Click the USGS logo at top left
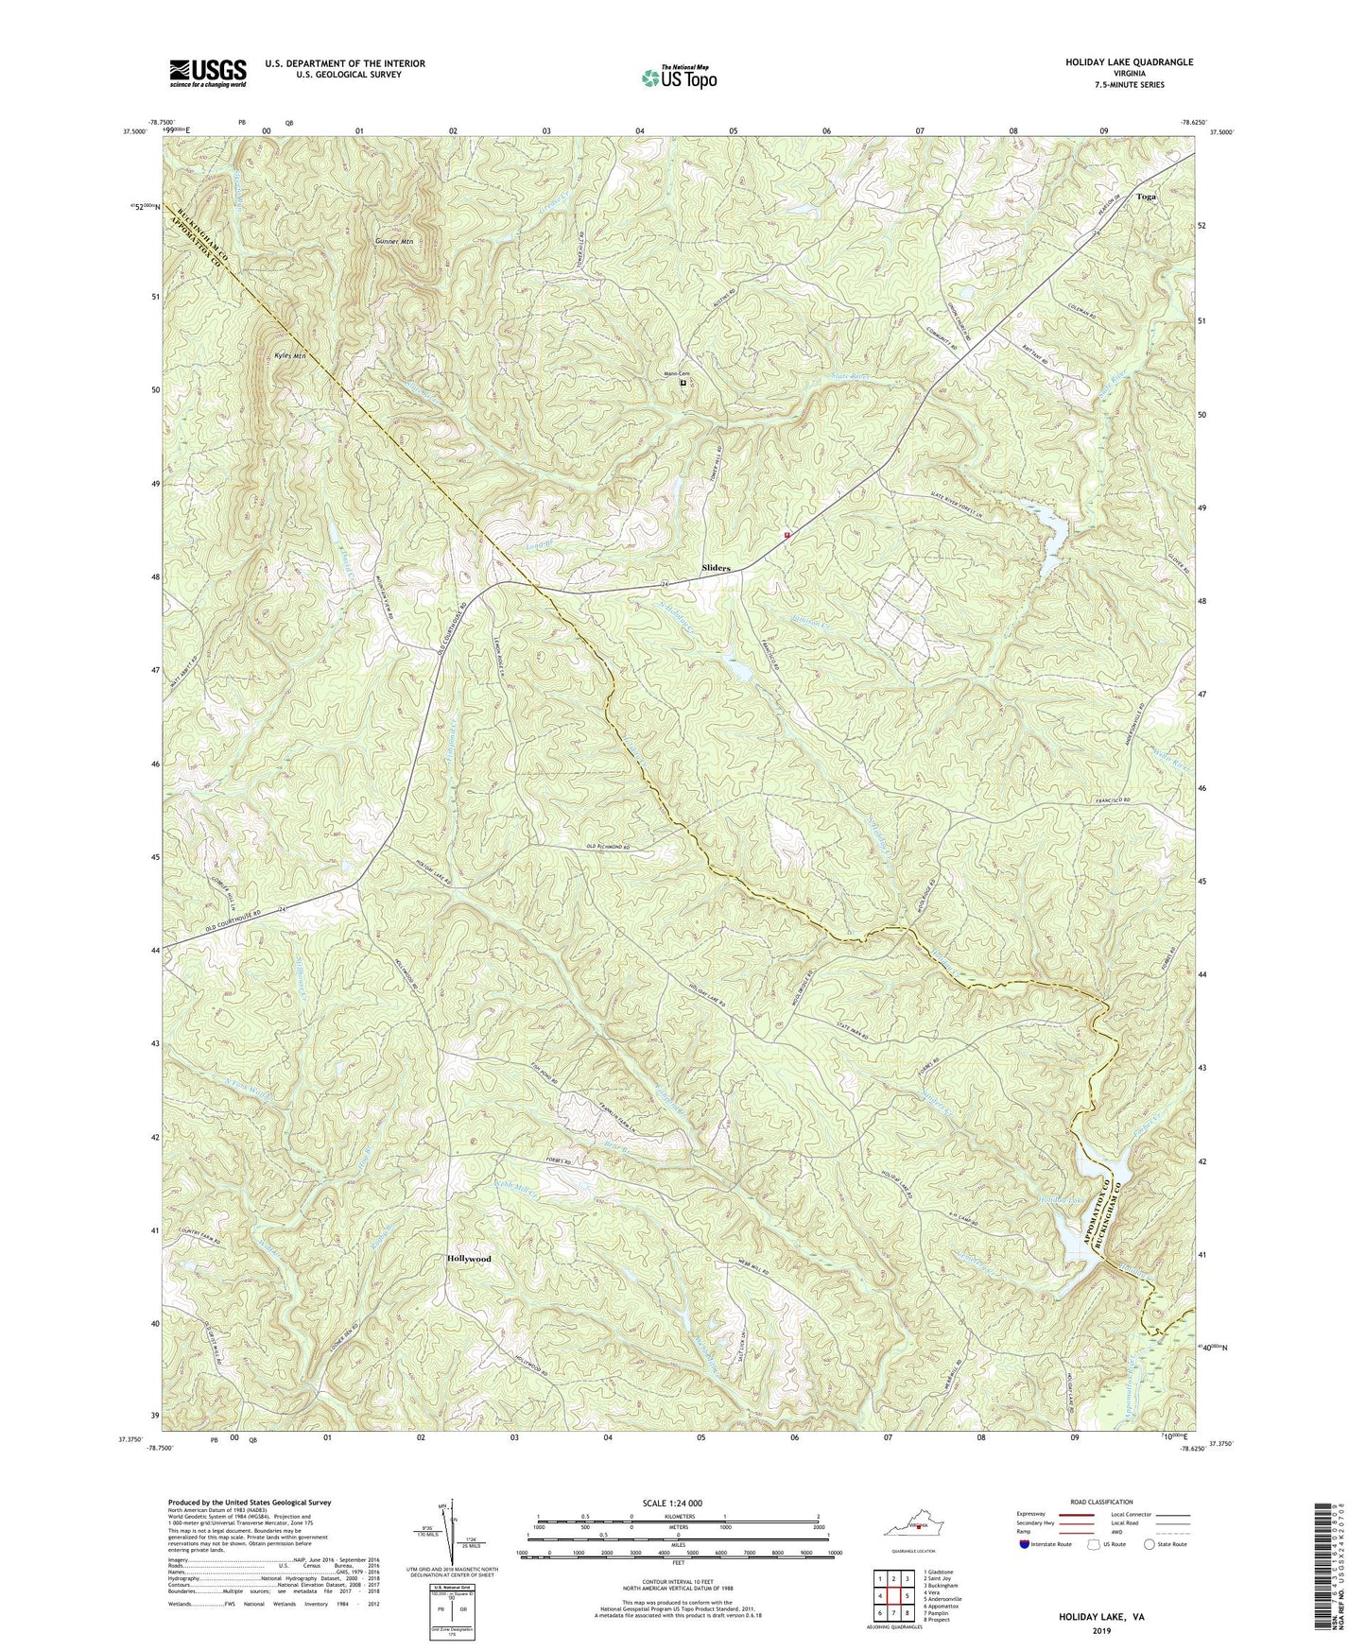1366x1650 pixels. click(x=208, y=72)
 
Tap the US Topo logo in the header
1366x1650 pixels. click(x=678, y=77)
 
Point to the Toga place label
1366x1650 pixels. click(x=1146, y=198)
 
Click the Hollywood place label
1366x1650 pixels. click(x=469, y=1259)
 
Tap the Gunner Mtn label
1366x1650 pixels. click(x=394, y=242)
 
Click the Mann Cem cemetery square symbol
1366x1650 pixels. click(x=683, y=383)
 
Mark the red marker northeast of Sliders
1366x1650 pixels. click(x=787, y=534)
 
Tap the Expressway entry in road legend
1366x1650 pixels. click(x=1037, y=1514)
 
